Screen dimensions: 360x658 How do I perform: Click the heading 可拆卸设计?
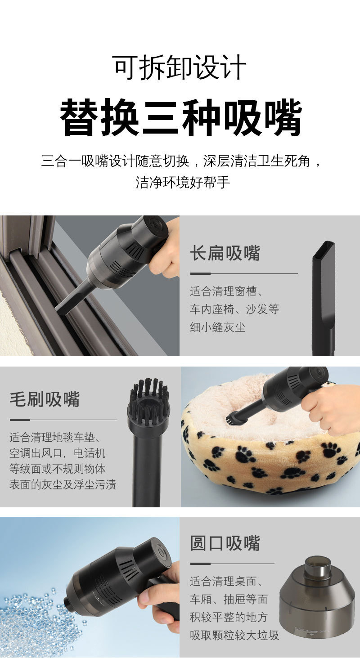point(179,67)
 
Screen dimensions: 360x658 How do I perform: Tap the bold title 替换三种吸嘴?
point(181,118)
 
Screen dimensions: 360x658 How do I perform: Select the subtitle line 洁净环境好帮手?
point(183,182)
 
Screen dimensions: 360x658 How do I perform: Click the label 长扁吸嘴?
point(225,253)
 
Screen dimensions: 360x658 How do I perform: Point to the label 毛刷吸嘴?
point(45,399)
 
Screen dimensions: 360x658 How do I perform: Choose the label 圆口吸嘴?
point(225,543)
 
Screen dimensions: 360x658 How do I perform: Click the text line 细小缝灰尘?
point(217,327)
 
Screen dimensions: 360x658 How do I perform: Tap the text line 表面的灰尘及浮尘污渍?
point(63,484)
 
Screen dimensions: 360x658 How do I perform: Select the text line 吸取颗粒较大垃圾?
point(234,635)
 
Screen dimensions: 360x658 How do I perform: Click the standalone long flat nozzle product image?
point(323,298)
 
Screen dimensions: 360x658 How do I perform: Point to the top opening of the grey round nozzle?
point(318,562)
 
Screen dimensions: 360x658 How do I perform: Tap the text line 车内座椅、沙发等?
point(234,309)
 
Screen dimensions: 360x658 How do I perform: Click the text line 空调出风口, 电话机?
point(57,453)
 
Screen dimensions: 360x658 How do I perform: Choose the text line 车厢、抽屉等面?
point(229,599)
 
